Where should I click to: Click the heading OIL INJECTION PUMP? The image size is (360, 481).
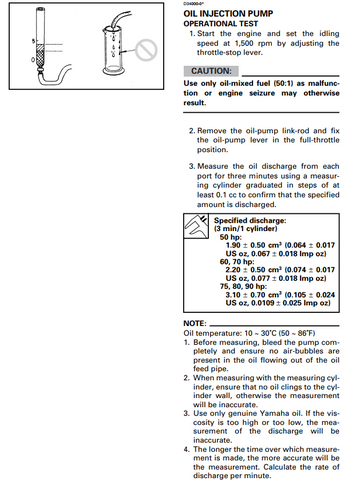point(228,14)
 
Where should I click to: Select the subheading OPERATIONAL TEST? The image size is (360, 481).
point(221,24)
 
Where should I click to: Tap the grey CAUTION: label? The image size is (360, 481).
point(211,71)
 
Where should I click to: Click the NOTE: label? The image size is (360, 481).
point(195,323)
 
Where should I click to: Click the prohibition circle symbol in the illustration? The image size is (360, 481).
point(146,50)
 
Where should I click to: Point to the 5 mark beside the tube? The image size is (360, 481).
point(33,41)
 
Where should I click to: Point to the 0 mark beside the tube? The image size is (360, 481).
point(33,60)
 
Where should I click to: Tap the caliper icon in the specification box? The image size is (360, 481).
point(196,226)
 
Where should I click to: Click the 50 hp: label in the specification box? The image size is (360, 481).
point(231,237)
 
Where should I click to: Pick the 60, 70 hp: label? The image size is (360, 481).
point(237,262)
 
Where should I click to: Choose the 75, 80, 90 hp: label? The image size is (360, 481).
point(243,286)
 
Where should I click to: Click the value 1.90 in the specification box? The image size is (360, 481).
point(233,245)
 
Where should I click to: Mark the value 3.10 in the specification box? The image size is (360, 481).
point(233,295)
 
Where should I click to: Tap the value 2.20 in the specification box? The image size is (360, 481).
point(233,270)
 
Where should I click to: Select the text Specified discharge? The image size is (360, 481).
point(250,220)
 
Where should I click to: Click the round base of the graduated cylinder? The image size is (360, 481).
point(114,70)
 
